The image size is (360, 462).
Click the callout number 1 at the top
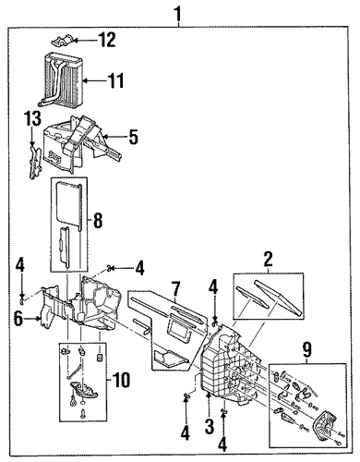pos(179,14)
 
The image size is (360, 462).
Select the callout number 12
pos(106,40)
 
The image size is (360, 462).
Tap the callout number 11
pos(115,80)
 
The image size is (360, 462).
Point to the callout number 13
pos(33,118)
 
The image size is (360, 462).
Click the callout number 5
pos(133,137)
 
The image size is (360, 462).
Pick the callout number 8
pos(98,220)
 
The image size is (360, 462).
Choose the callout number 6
pos(18,319)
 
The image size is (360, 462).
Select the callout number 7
pos(175,289)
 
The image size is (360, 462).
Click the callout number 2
pos(268,260)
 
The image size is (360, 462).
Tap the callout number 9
pos(307,350)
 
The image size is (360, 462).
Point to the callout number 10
pos(121,380)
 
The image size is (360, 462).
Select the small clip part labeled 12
pos(62,42)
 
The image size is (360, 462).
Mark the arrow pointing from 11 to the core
pos(94,80)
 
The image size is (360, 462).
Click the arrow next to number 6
pos(32,319)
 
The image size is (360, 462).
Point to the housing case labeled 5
pos(81,142)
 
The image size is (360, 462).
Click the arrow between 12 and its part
pos(84,40)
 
